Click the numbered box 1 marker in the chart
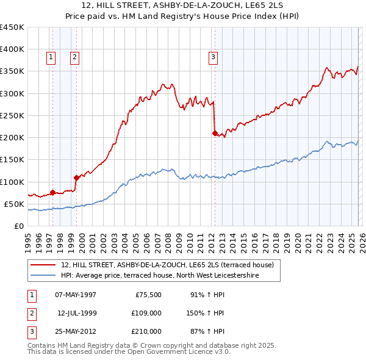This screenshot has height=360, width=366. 50,57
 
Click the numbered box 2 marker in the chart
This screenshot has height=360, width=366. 74,57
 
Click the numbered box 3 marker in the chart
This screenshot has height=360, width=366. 213,57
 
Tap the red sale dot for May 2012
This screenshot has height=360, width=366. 215,133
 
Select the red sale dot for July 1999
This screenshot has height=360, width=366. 76,178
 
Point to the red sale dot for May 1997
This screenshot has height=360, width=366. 52,192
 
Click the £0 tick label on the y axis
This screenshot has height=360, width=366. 18,226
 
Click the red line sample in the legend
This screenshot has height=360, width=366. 44,265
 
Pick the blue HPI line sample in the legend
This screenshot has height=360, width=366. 44,276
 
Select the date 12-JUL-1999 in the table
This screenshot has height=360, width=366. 77,313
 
